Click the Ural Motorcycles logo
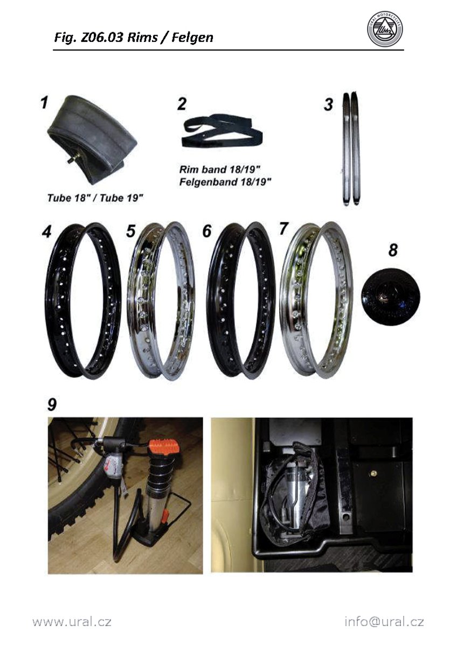(385, 30)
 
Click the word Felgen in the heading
(192, 38)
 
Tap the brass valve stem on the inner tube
(71, 159)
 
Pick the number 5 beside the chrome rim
(131, 231)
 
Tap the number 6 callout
(207, 231)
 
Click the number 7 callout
(284, 229)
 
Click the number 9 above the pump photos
(52, 405)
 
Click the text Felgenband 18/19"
(225, 182)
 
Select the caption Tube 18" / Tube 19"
(95, 198)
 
